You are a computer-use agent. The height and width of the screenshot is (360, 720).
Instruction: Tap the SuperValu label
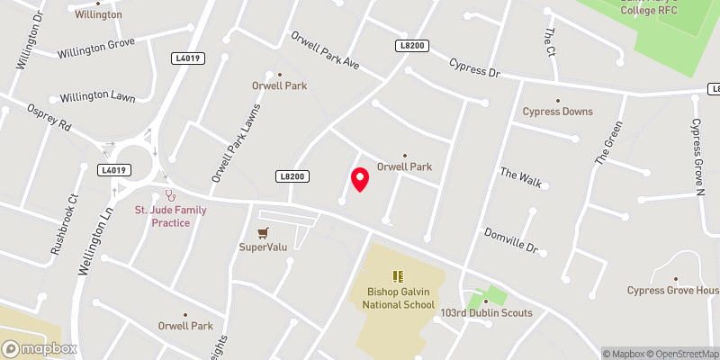click(263, 247)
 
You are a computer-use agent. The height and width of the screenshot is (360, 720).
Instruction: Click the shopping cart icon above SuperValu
click(263, 231)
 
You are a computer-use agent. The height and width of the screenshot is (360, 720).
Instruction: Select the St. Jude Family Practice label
click(170, 216)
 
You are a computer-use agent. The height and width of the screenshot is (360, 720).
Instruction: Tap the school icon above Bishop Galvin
click(396, 276)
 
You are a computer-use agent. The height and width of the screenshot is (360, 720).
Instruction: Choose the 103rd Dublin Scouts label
click(487, 313)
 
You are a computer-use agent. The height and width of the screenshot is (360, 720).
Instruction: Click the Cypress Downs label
click(558, 112)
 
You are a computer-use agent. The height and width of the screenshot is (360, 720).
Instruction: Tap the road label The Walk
click(521, 177)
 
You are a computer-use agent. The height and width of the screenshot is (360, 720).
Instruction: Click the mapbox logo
click(39, 347)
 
